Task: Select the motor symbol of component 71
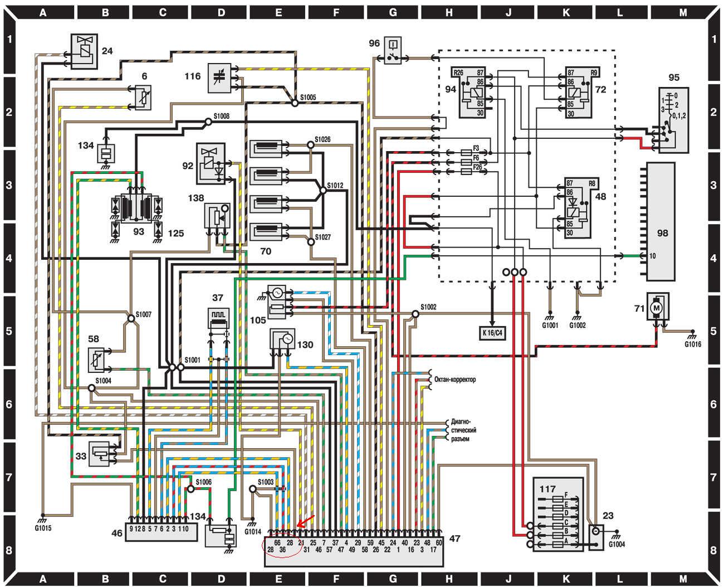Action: click(x=657, y=307)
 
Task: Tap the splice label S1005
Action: click(x=308, y=97)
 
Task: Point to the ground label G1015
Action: click(x=42, y=528)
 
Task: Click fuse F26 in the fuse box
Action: click(x=468, y=172)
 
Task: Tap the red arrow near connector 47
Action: click(x=305, y=522)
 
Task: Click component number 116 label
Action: click(x=192, y=76)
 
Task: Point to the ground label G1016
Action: click(x=693, y=344)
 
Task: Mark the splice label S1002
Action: click(x=428, y=307)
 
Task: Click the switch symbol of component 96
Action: click(x=392, y=57)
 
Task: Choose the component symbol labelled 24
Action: click(x=84, y=51)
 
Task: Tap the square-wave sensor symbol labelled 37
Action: click(x=218, y=319)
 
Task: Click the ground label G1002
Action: click(x=578, y=326)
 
